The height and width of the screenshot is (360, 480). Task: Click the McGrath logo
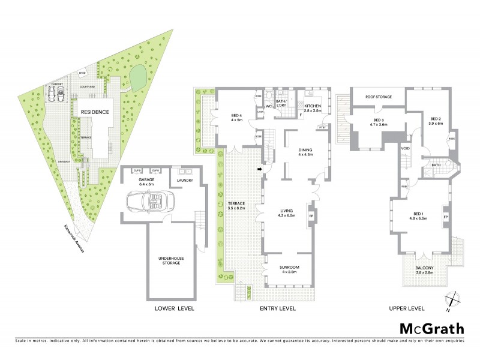(x=432, y=328)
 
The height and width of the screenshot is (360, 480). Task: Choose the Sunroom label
(x=289, y=269)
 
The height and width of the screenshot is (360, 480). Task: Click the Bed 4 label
(x=236, y=118)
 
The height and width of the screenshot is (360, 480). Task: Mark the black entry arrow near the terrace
(x=260, y=169)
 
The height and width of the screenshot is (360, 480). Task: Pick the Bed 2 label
(x=436, y=121)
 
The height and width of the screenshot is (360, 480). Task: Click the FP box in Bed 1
(x=445, y=215)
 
